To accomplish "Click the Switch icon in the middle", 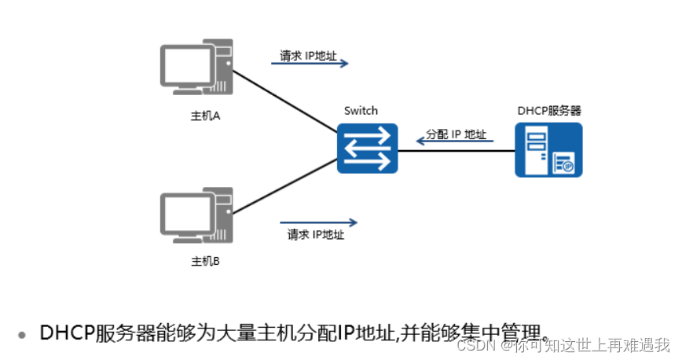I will point(368,148).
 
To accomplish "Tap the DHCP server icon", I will point(548,149).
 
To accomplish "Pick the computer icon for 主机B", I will point(196,214).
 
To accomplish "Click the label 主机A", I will point(206,116).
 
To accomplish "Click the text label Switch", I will point(361,111).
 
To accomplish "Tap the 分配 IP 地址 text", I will point(456,134).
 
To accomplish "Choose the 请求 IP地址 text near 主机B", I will point(316,234).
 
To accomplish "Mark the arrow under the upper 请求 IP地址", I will point(310,64).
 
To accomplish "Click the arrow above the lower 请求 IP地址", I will point(318,222).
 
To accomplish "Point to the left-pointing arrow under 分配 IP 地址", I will point(454,142).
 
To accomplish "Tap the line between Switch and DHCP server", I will point(456,150).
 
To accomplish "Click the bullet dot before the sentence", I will point(23,334).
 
